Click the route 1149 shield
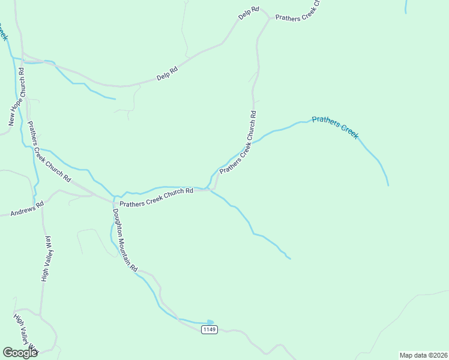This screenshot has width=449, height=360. click(209, 329)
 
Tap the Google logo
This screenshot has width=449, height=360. click(20, 353)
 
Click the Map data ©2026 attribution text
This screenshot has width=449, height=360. click(423, 355)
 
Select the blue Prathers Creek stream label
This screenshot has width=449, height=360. click(335, 127)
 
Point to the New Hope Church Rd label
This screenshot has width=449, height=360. click(17, 97)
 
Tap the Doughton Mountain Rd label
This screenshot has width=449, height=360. click(125, 238)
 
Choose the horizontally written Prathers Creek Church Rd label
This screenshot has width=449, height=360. click(156, 197)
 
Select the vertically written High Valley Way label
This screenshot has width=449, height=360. click(46, 258)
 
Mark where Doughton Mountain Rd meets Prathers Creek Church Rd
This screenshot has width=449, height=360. click(113, 199)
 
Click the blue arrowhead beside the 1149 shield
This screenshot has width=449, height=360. click(210, 322)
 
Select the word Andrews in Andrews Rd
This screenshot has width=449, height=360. click(19, 211)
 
